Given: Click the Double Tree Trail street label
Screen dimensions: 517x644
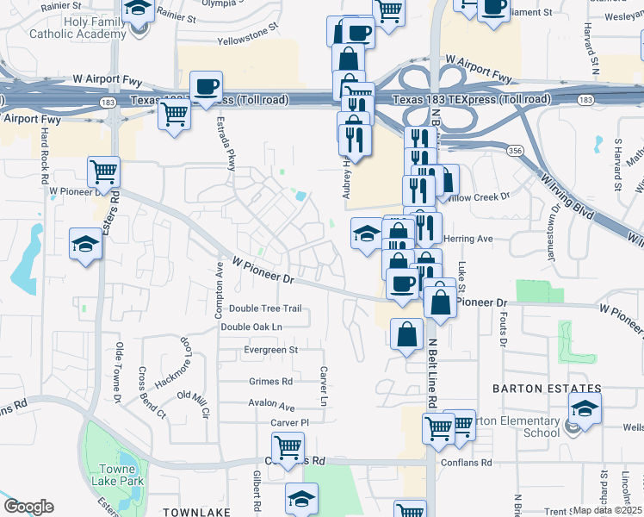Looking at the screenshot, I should pyautogui.click(x=265, y=308).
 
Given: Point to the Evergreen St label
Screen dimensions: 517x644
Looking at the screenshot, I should pyautogui.click(x=270, y=350).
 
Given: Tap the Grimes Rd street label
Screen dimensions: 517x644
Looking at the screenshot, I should pyautogui.click(x=270, y=381).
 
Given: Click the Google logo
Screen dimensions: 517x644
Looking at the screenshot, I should pyautogui.click(x=28, y=507).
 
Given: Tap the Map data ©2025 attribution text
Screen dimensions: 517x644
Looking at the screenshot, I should pyautogui.click(x=608, y=510).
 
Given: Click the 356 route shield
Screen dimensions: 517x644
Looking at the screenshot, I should pyautogui.click(x=514, y=150).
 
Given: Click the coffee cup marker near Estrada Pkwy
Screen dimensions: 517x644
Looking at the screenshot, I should pyautogui.click(x=207, y=86).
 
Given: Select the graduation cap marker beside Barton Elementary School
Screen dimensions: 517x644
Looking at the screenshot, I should pyautogui.click(x=585, y=409).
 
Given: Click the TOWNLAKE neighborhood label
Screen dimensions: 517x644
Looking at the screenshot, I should pyautogui.click(x=195, y=512).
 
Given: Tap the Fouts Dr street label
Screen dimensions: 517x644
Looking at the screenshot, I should pyautogui.click(x=502, y=326).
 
